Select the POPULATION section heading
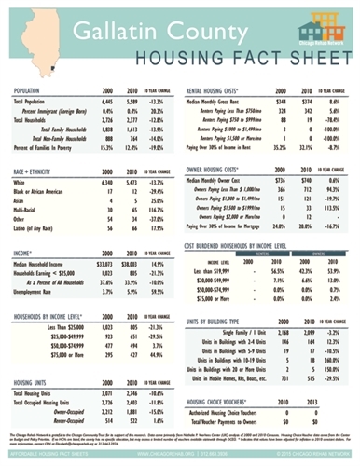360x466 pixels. [33, 90]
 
